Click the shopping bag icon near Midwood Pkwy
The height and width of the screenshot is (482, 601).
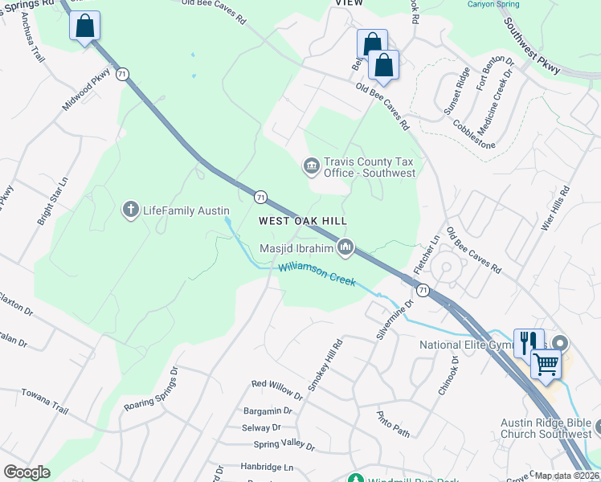pyautogui.click(x=84, y=27)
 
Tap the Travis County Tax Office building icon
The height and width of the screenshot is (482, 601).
pyautogui.click(x=311, y=166)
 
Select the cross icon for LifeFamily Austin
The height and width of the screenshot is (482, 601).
pyautogui.click(x=130, y=210)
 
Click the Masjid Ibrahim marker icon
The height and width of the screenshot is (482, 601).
pyautogui.click(x=345, y=247)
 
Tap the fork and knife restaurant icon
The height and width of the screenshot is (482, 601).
pyautogui.click(x=528, y=343)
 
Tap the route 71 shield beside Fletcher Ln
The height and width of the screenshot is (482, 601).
pyautogui.click(x=423, y=288)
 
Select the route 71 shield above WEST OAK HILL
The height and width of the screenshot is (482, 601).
pyautogui.click(x=260, y=197)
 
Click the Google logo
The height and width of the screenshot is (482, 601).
pyautogui.click(x=27, y=472)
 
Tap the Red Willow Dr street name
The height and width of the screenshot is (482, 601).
pyautogui.click(x=277, y=390)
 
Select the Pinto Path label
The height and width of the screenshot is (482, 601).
pyautogui.click(x=393, y=424)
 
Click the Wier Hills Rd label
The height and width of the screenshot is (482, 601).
pyautogui.click(x=554, y=209)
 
